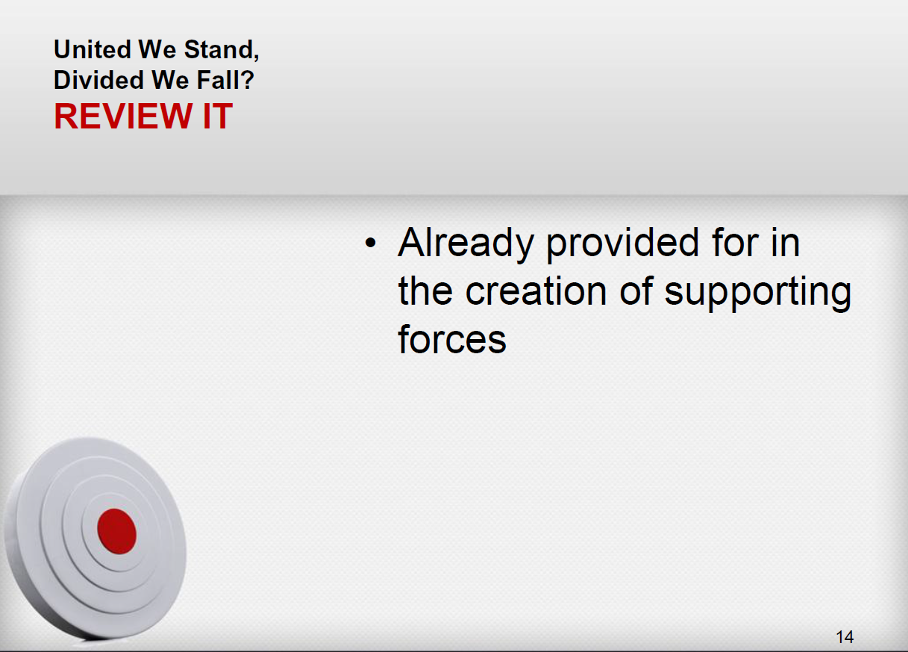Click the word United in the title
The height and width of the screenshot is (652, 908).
coord(93,49)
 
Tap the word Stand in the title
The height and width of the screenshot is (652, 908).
coord(219,49)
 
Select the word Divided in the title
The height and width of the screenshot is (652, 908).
coord(98,80)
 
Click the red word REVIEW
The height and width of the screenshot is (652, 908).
coord(123,117)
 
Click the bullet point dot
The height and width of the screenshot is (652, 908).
coord(371,243)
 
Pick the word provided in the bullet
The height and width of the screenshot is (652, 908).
coord(622,243)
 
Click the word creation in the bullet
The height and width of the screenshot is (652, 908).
coord(536,291)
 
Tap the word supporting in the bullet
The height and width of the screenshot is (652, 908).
coord(758,293)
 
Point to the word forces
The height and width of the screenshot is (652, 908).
coord(452,339)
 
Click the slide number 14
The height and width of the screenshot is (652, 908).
coord(845,637)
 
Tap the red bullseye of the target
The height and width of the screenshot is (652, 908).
coord(116,532)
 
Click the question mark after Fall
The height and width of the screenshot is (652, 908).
coord(246,80)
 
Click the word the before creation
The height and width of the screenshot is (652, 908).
coord(425,291)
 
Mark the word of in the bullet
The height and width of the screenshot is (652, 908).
coord(636,291)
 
